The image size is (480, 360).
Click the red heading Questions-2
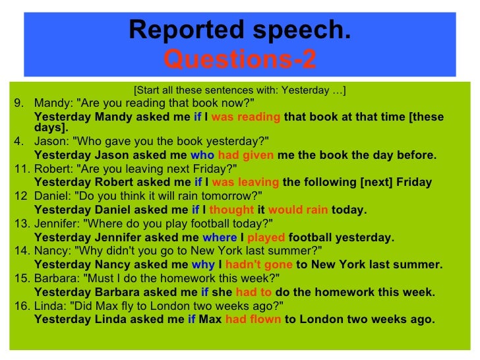click(240, 60)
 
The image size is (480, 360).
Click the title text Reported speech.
click(240, 30)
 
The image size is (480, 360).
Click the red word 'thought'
click(231, 210)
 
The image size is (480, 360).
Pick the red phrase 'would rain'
click(298, 210)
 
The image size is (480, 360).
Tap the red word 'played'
click(266, 237)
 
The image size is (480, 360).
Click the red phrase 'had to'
click(253, 292)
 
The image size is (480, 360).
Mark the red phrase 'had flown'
click(253, 320)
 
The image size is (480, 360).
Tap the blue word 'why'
click(203, 265)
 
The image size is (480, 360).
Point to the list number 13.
click(20, 224)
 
